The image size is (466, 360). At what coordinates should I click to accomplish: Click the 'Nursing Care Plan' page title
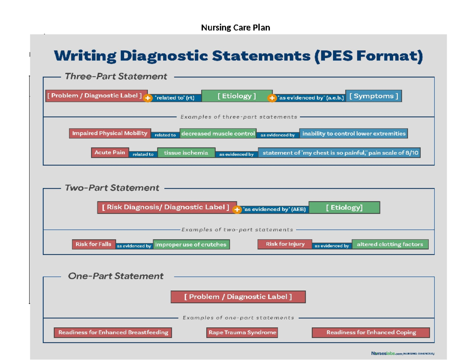click(x=235, y=28)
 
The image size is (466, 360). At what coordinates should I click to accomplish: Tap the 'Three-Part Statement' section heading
click(x=116, y=77)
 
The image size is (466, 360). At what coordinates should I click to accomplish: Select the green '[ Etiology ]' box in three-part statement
click(x=236, y=96)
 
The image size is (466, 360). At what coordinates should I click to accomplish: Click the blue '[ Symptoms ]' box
click(x=373, y=96)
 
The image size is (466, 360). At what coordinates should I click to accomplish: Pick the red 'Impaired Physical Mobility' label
click(x=110, y=133)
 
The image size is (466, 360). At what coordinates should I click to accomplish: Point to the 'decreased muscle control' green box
click(x=218, y=134)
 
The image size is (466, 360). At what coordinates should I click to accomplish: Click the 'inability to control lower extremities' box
click(x=353, y=134)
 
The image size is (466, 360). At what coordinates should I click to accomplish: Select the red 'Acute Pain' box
click(x=110, y=153)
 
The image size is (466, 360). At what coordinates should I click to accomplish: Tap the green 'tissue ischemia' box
click(x=186, y=153)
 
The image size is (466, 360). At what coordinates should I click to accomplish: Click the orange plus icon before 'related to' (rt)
click(x=148, y=98)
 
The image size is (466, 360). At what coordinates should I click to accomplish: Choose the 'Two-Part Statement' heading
click(x=112, y=188)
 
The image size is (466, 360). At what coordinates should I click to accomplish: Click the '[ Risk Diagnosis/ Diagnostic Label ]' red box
click(x=166, y=207)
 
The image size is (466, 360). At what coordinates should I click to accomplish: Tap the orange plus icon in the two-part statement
click(x=237, y=210)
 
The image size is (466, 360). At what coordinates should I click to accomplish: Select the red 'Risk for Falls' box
click(x=93, y=244)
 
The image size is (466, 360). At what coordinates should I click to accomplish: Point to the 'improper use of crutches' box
click(x=191, y=244)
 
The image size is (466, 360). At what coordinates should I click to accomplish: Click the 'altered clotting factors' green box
click(x=390, y=244)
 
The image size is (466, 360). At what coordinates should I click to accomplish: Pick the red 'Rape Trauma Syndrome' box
click(x=242, y=332)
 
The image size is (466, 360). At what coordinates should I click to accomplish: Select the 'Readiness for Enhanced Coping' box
click(x=371, y=332)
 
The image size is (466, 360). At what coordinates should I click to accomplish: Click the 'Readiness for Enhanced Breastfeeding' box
click(x=113, y=332)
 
